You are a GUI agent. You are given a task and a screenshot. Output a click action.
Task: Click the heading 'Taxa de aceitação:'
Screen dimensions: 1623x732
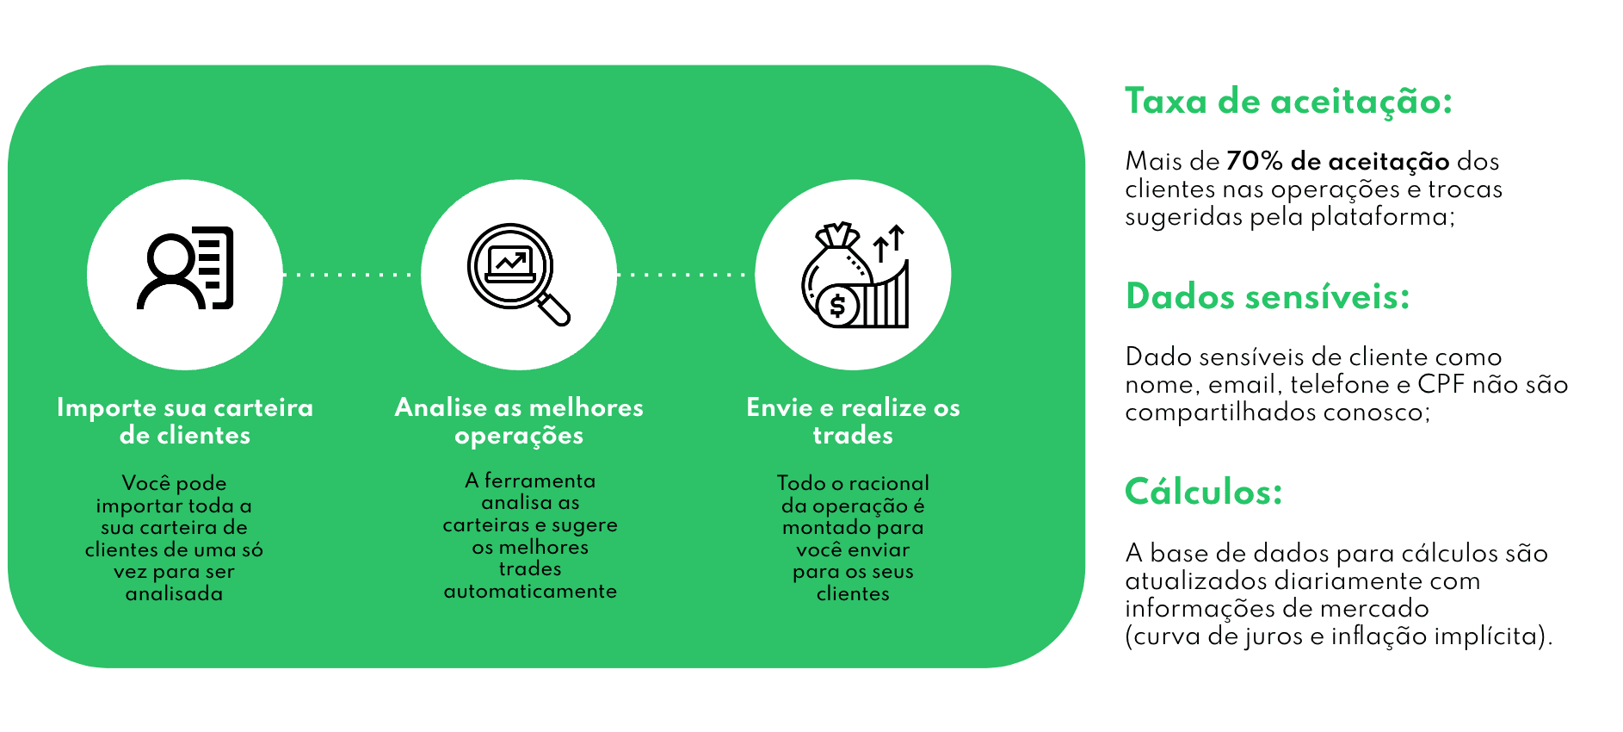(1288, 102)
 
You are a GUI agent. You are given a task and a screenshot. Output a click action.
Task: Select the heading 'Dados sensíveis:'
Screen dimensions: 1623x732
(1268, 297)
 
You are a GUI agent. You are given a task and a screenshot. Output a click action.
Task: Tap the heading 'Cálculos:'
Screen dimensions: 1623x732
(1203, 493)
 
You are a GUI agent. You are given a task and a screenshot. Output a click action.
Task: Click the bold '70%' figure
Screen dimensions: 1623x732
(1255, 161)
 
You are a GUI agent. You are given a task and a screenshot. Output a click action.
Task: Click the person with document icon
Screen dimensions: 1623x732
(185, 268)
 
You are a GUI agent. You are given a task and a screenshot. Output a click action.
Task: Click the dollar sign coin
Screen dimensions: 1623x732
(836, 307)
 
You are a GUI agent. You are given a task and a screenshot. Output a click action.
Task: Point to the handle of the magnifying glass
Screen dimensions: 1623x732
(554, 310)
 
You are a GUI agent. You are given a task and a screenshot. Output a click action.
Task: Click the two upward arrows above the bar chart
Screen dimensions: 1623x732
(889, 242)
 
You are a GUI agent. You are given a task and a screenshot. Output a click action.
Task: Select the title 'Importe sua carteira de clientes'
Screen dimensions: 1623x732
(185, 421)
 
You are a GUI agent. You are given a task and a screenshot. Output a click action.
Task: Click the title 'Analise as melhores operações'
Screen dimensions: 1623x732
(519, 421)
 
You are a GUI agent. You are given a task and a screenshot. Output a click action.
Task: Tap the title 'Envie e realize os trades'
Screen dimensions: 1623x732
(853, 421)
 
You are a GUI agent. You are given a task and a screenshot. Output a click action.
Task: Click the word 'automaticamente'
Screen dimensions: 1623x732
(530, 592)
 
